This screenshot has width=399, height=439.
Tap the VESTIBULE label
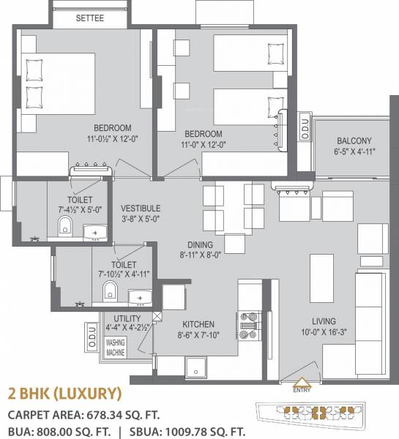click(141, 209)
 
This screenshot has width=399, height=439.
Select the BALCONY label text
click(354, 141)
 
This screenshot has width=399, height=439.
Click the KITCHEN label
click(198, 324)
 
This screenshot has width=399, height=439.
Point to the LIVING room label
click(323, 321)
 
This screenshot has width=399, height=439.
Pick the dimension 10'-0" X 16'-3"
click(323, 334)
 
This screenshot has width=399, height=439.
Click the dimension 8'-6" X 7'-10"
click(198, 336)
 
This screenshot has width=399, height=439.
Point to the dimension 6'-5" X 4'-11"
click(354, 153)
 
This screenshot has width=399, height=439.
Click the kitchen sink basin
click(196, 366)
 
